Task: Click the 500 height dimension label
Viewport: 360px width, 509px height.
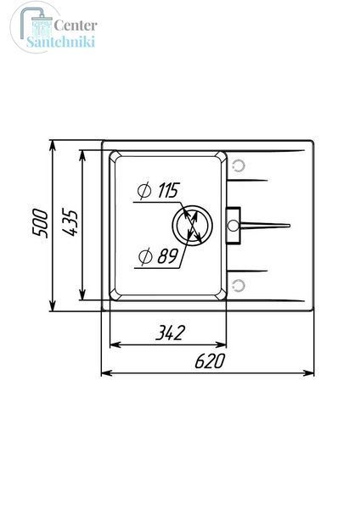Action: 40,224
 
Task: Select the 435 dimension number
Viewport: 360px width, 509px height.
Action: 70,222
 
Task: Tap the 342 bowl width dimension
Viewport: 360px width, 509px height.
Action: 170,333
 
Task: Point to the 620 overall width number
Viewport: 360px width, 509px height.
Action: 210,361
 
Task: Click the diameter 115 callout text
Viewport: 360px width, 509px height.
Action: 159,191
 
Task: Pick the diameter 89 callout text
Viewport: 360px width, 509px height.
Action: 158,256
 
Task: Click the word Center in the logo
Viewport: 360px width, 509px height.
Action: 76,25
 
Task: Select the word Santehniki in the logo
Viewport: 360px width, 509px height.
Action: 61,42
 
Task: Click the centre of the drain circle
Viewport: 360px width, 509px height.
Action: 193,226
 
